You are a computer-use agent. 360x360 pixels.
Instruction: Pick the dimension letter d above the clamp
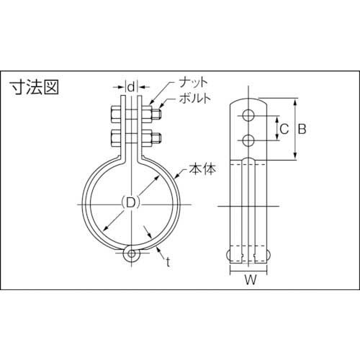pyautogui.click(x=130, y=87)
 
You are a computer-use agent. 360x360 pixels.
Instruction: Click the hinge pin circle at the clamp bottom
pyautogui.click(x=130, y=254)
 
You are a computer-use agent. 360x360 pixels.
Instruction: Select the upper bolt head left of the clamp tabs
pyautogui.click(x=114, y=114)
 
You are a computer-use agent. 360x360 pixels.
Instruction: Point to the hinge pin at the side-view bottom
pyautogui.click(x=249, y=253)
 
